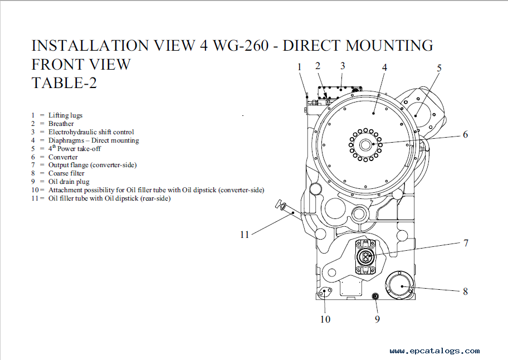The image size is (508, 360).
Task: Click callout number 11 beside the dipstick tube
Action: tap(245, 234)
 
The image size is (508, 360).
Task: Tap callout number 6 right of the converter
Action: tap(465, 134)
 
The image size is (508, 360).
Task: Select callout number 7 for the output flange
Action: tap(466, 243)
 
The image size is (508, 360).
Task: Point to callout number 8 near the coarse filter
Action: tap(465, 291)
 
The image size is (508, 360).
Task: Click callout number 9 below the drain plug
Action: tap(377, 319)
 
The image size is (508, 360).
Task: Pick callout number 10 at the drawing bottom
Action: tap(325, 319)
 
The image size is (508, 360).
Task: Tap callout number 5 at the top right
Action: tap(439, 68)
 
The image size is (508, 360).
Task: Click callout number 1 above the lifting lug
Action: tap(299, 67)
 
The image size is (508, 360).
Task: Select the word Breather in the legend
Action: tap(61, 124)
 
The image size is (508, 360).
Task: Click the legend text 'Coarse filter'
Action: tap(66, 173)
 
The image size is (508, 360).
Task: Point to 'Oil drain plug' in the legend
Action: tap(69, 182)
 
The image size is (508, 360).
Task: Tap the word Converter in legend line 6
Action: tap(63, 157)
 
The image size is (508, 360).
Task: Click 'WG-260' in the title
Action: tap(241, 45)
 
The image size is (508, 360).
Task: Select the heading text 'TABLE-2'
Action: tap(64, 82)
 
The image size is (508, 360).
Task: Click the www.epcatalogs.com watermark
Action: tap(435, 351)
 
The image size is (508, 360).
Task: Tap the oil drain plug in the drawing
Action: tap(375, 296)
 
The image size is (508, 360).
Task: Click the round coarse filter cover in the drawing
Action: tap(399, 286)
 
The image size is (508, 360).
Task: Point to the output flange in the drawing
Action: tap(366, 257)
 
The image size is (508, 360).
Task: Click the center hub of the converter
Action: tap(365, 144)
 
